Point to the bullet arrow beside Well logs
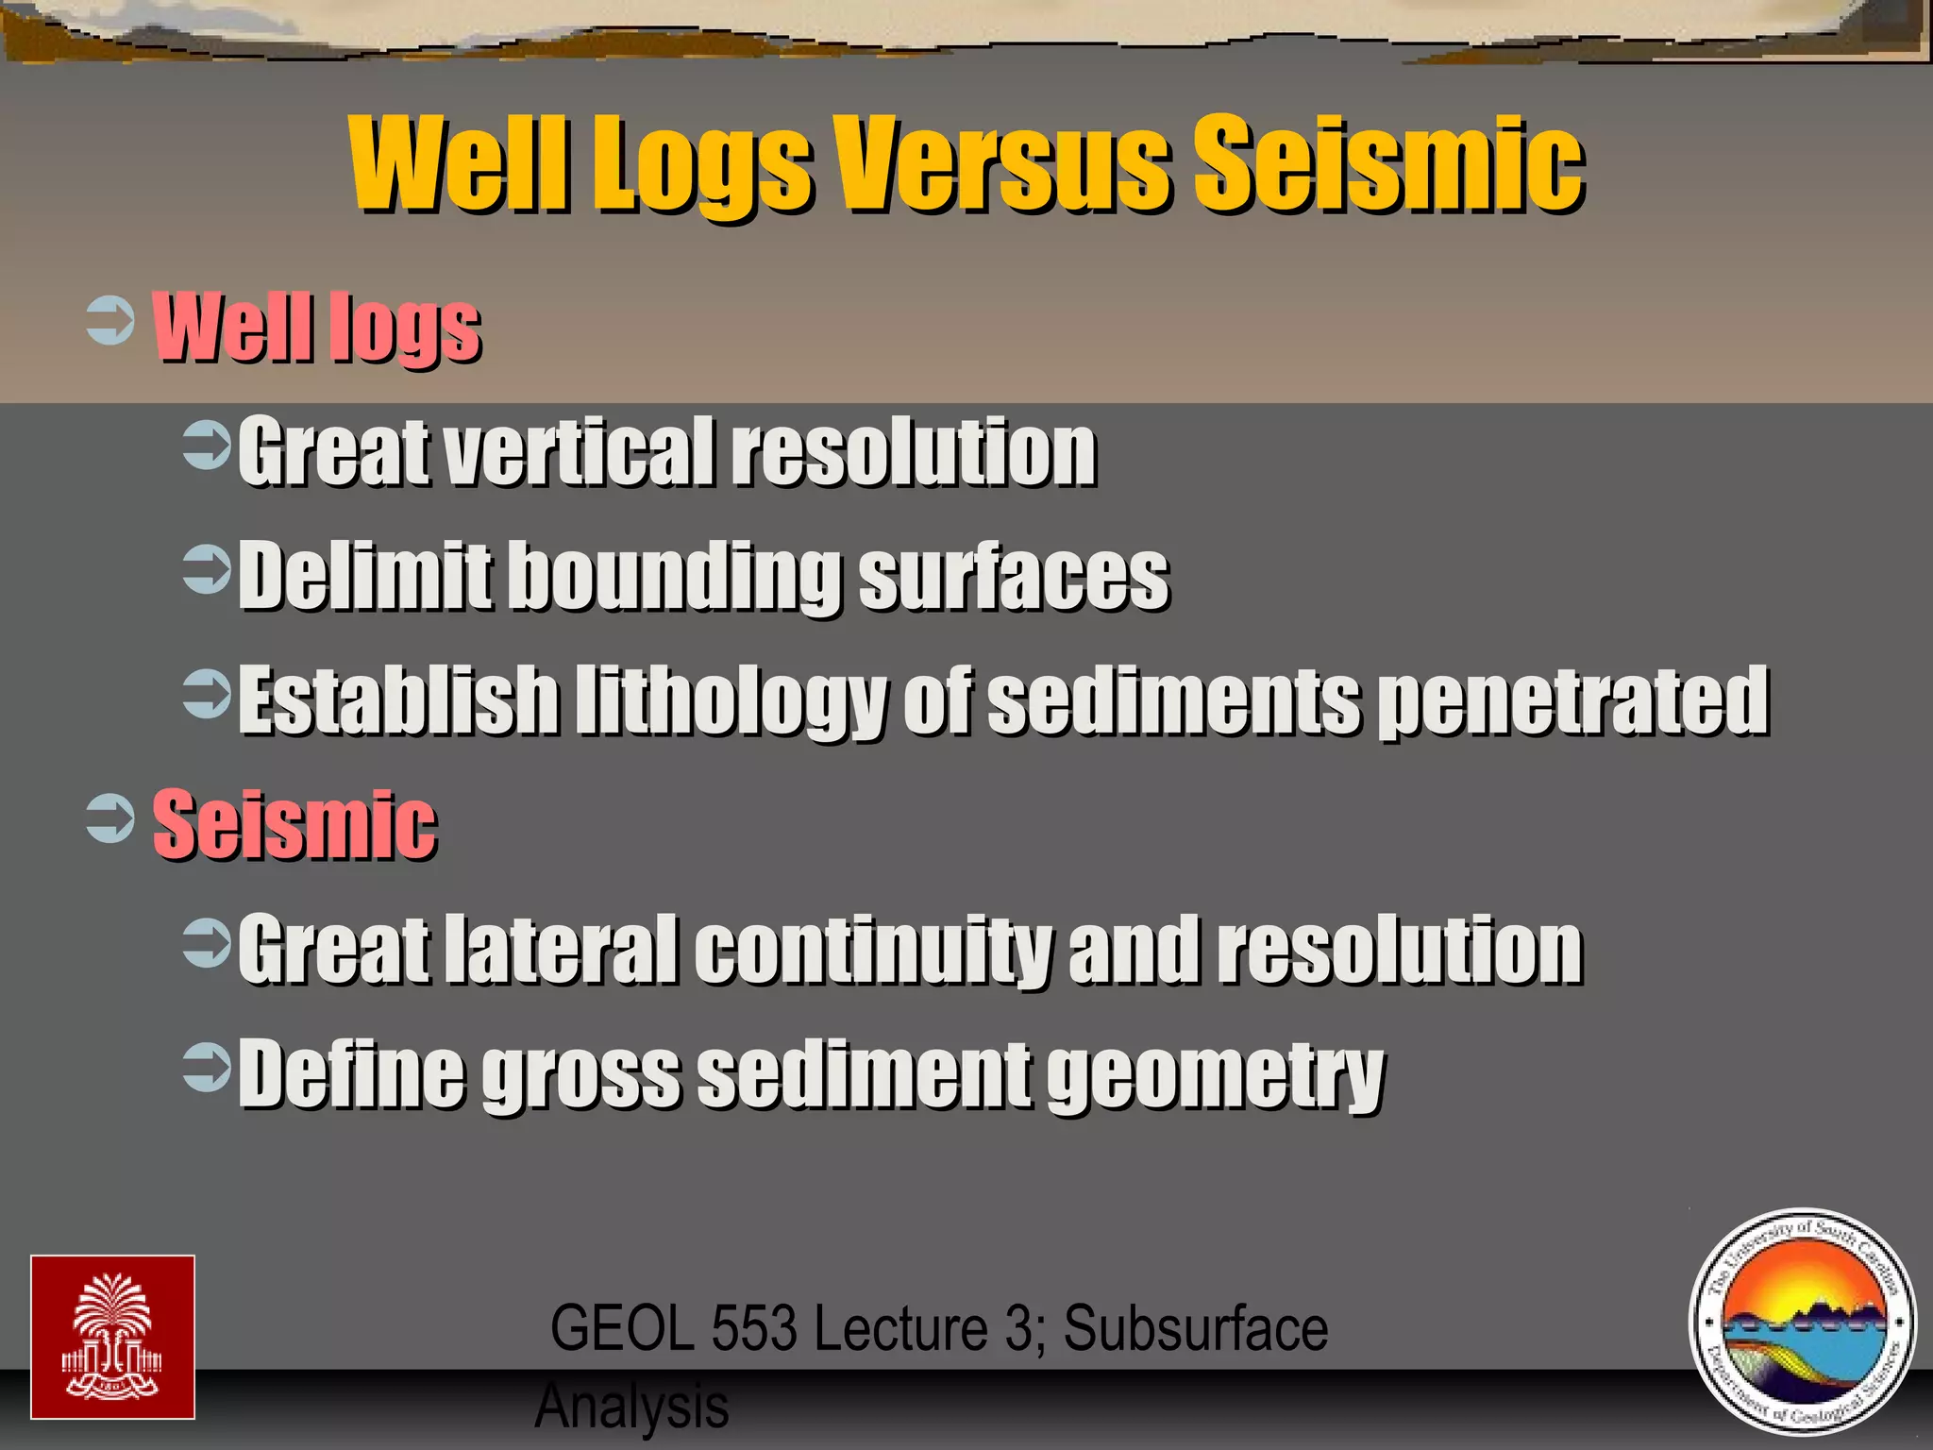coord(109,322)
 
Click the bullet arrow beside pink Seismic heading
coord(109,818)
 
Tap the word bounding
coord(678,577)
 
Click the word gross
coord(581,1076)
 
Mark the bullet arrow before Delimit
coord(207,569)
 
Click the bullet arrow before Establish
coord(207,694)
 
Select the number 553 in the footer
coord(754,1328)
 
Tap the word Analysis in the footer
coord(631,1406)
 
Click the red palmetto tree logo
coord(112,1337)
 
